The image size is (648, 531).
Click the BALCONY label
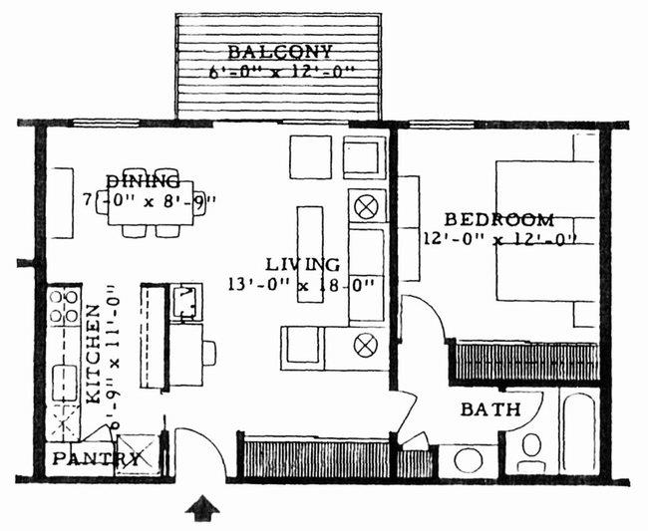pos(278,52)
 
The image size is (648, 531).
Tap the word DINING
pos(143,182)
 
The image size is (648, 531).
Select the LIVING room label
pos(303,264)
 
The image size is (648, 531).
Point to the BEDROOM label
pos(498,219)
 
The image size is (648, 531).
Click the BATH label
pos(490,409)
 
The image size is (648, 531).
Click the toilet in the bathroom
pos(530,450)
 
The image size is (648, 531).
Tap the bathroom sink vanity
pos(466,461)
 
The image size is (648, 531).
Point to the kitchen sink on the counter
pos(65,380)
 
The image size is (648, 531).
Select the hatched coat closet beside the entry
pos(317,459)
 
